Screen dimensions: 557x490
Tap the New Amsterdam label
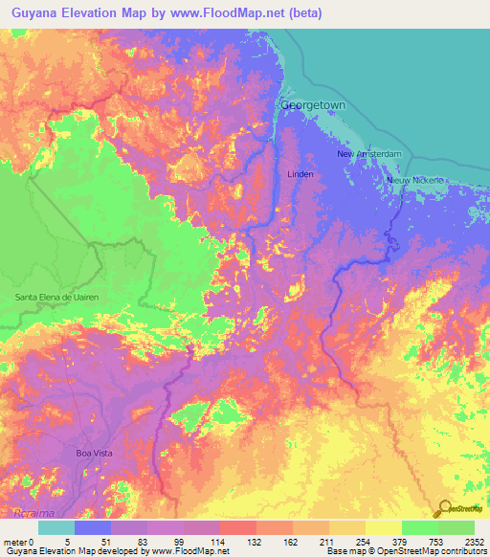point(367,153)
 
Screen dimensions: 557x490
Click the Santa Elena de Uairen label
point(56,298)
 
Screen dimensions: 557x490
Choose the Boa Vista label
point(95,452)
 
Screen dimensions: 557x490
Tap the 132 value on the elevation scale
point(256,541)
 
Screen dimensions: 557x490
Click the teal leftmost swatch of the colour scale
point(56,527)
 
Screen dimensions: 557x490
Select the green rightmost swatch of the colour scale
point(457,527)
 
